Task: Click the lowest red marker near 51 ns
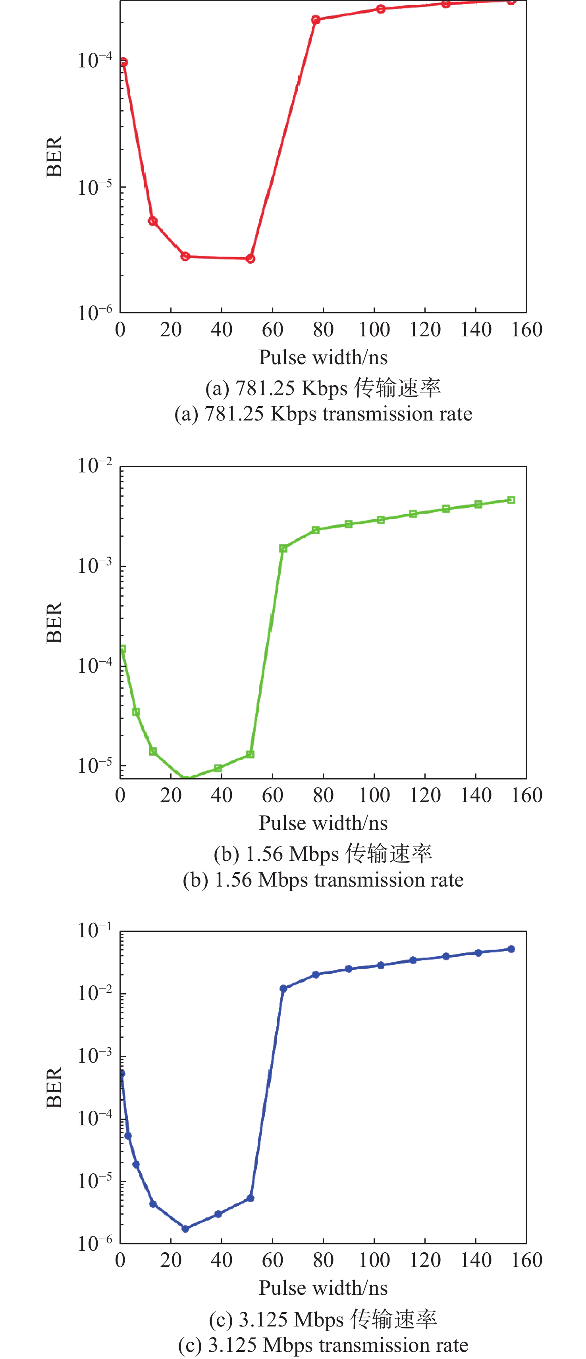tap(250, 259)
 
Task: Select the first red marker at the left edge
tap(123, 62)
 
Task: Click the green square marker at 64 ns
tap(283, 549)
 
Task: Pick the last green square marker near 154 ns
tap(511, 499)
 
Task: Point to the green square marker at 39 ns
tap(218, 768)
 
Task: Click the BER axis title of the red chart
tap(54, 156)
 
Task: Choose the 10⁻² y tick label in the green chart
tap(95, 466)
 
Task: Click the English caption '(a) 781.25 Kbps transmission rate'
tap(323, 414)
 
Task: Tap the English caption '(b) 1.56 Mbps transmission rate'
tap(323, 879)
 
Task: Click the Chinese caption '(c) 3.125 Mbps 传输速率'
tap(323, 1319)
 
